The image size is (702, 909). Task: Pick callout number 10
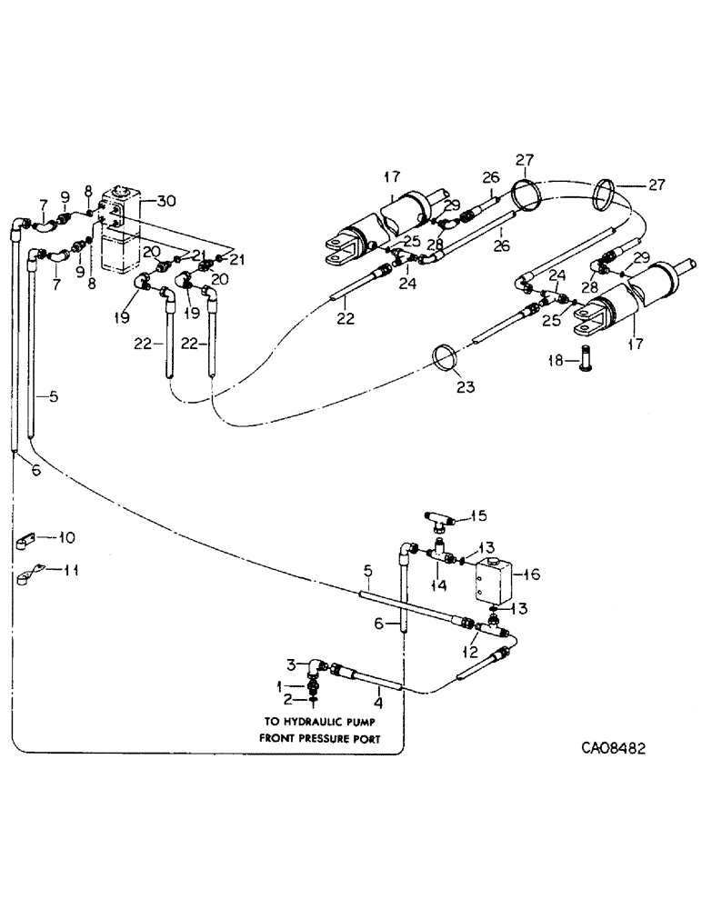[x=66, y=537]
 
